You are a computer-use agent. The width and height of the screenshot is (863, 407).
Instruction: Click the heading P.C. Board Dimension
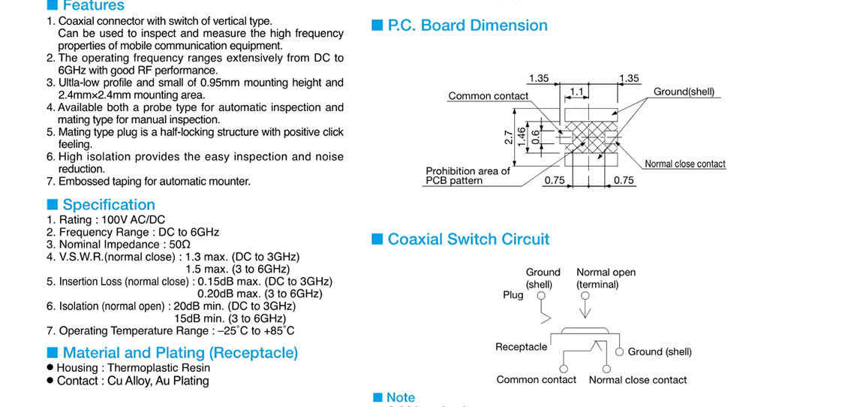[x=468, y=26]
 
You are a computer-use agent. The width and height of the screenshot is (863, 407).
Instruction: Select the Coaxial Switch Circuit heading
[x=468, y=240]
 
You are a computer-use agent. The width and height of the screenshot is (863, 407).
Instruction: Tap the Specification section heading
[x=109, y=205]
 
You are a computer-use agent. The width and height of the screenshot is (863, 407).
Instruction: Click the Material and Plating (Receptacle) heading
[x=180, y=353]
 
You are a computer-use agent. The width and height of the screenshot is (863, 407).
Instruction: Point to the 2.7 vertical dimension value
[x=508, y=137]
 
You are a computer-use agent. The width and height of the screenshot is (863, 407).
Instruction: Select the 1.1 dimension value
[x=576, y=91]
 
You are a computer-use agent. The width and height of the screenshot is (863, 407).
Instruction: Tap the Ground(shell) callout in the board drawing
[x=684, y=92]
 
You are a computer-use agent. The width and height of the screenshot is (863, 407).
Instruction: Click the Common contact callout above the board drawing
[x=488, y=96]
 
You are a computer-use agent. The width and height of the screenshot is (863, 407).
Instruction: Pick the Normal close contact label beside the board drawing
[x=685, y=164]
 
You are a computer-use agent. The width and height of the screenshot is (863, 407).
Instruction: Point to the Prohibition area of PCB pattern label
[x=468, y=176]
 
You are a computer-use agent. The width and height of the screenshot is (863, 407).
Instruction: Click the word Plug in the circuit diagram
[x=513, y=295]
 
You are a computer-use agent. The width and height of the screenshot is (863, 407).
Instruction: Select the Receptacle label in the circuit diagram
[x=521, y=347]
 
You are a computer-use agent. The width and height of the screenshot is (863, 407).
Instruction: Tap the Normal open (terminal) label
[x=606, y=279]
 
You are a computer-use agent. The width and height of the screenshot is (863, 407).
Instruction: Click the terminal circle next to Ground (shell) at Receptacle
[x=620, y=351]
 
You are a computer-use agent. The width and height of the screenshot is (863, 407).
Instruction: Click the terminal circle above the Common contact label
[x=564, y=369]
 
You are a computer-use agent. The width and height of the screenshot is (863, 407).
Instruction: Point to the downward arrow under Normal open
[x=586, y=308]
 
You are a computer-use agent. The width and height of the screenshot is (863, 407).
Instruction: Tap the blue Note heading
[x=400, y=398]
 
